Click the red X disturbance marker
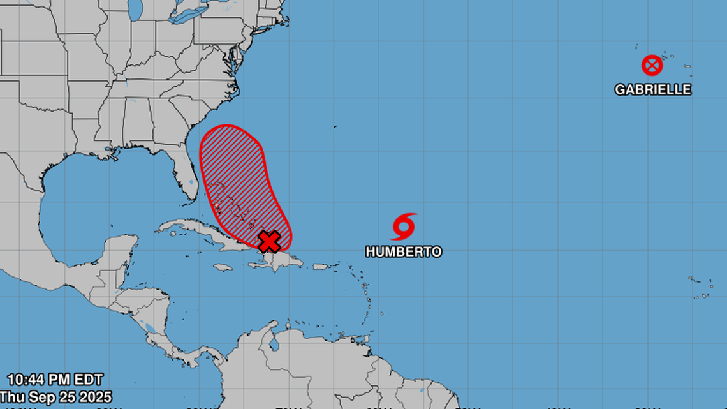269,242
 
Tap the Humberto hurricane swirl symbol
403,227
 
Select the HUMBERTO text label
403,251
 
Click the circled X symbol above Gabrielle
652,65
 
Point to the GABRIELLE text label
652,89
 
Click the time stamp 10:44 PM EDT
55,380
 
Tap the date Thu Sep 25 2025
56,397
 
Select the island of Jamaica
223,267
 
